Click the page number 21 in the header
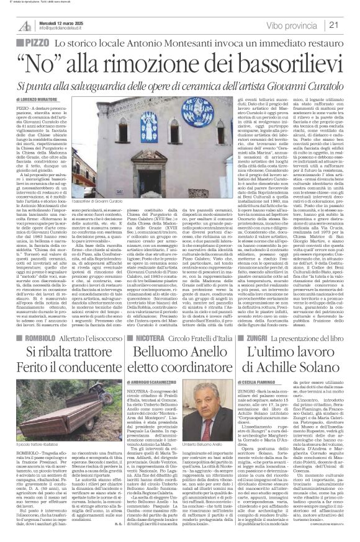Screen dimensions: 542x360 point(349,25)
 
